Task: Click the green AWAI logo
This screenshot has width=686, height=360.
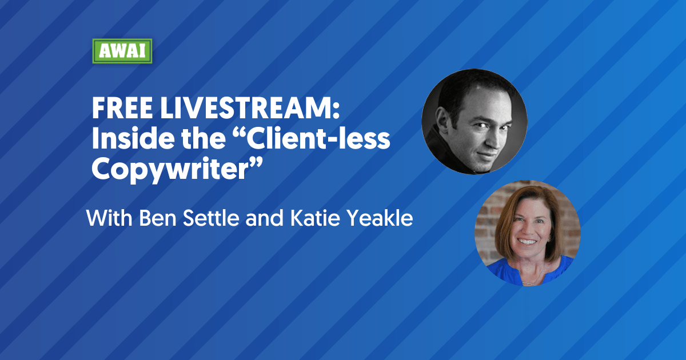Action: [122, 51]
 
